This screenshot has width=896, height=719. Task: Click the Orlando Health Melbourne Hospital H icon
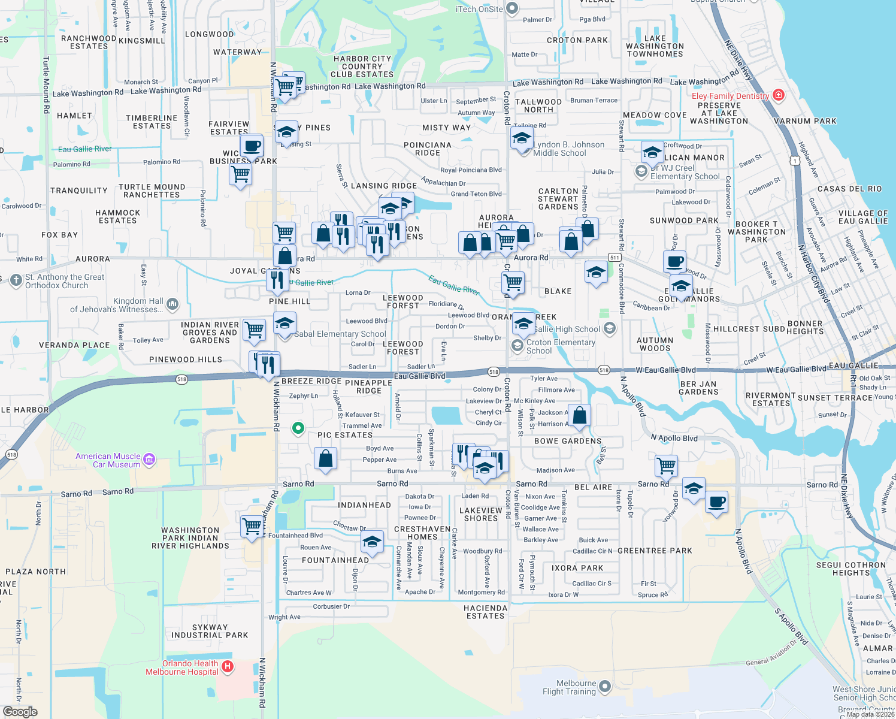227,666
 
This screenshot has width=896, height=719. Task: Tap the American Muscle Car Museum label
108,460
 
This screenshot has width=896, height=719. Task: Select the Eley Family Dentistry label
730,96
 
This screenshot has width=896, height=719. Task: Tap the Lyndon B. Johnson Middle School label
568,149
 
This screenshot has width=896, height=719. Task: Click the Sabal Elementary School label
340,334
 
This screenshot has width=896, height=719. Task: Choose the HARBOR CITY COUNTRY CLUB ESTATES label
362,67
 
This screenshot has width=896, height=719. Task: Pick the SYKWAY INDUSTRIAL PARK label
210,631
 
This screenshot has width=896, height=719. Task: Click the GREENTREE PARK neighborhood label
655,551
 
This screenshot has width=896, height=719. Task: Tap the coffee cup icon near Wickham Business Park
252,146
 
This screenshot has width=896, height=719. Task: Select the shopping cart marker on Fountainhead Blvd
252,526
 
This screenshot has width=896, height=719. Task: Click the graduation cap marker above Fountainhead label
372,543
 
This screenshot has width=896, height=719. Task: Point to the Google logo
20,711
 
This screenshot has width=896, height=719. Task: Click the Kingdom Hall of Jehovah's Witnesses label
116,305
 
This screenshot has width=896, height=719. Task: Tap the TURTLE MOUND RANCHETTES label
152,191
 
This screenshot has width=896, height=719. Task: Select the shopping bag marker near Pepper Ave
325,458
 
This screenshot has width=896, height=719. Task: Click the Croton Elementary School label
561,346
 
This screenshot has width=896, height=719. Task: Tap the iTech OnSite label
479,9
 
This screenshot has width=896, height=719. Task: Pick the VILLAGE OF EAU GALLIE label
862,217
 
